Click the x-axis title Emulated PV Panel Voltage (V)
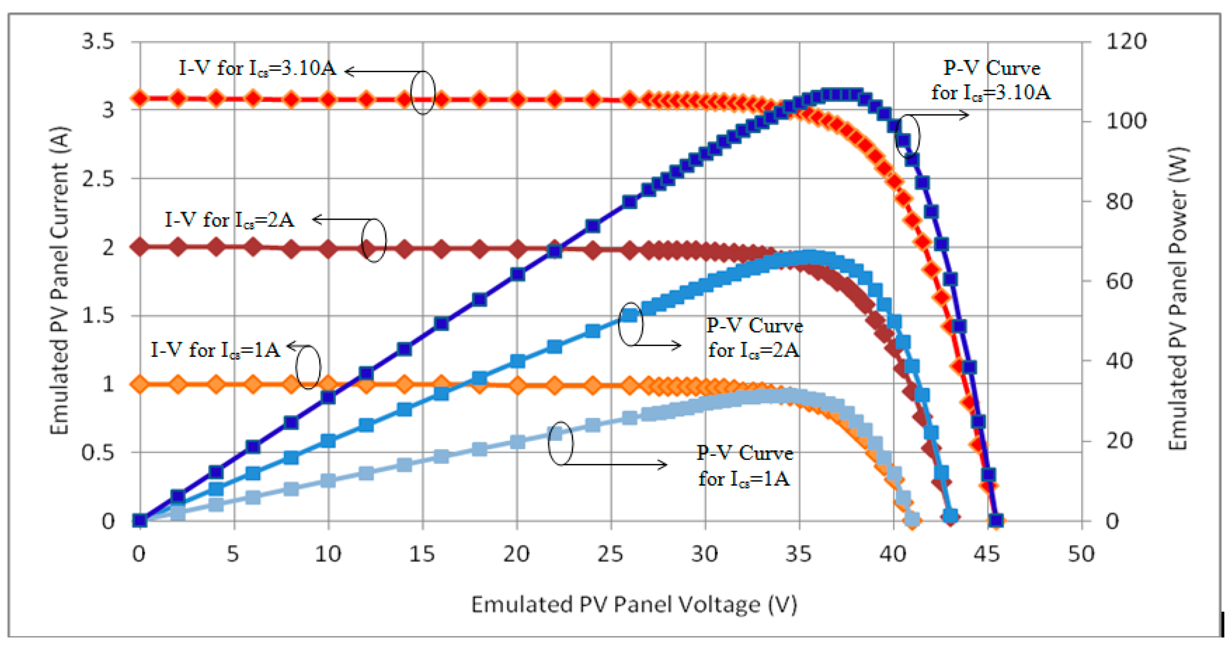point(634,604)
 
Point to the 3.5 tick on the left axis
point(98,41)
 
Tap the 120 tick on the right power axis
point(1125,41)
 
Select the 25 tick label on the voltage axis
point(610,554)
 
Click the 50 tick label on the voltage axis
point(1081,554)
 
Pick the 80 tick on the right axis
point(1118,201)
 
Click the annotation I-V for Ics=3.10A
point(257,68)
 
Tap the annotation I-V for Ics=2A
point(229,220)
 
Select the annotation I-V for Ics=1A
point(215,350)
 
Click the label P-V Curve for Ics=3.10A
point(991,80)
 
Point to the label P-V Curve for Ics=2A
point(754,338)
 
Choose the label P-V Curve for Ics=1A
point(744,465)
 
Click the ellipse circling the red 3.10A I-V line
point(422,92)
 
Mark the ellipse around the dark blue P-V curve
point(907,136)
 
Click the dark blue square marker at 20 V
point(517,275)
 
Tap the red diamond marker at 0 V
point(140,99)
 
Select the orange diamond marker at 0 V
point(140,384)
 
